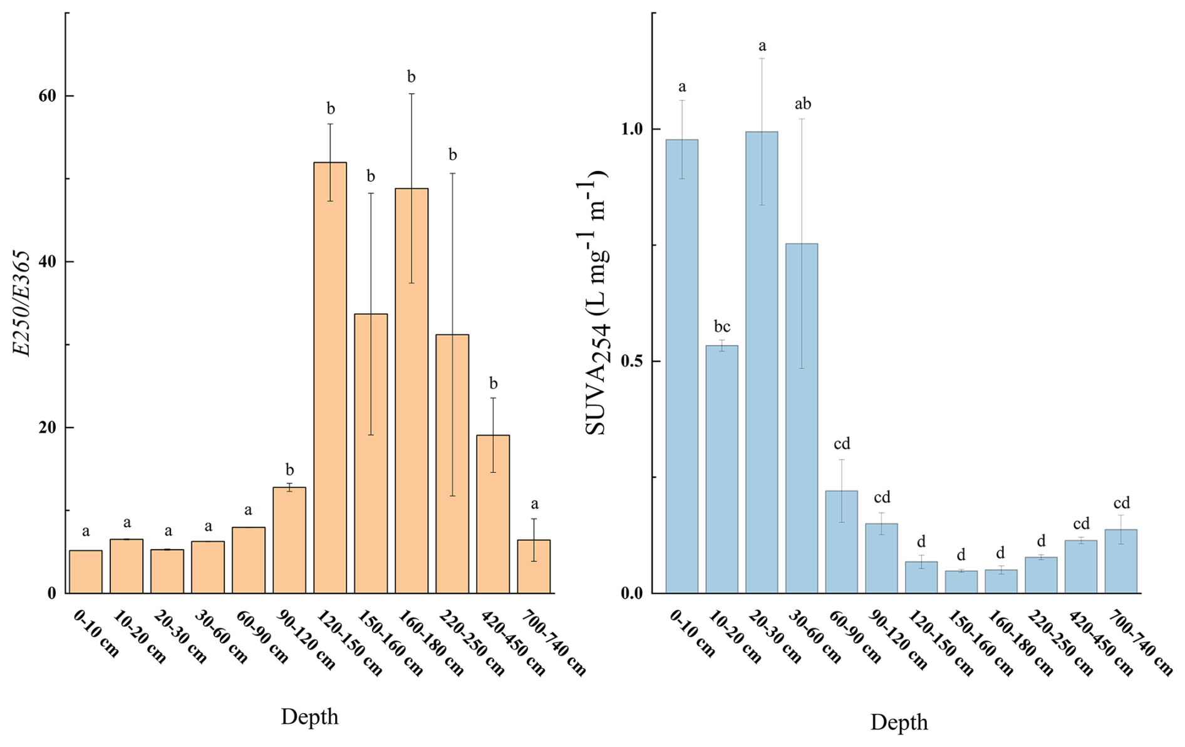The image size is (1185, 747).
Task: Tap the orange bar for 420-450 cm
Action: [x=493, y=514]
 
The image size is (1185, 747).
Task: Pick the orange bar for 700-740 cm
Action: [x=534, y=567]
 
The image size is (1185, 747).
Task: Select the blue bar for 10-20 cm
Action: [x=722, y=470]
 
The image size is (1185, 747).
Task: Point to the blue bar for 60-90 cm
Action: [x=842, y=542]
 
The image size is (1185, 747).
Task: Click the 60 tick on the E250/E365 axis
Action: [x=48, y=96]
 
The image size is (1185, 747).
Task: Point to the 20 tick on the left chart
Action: [x=48, y=428]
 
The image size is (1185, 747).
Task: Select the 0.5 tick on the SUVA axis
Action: [x=633, y=362]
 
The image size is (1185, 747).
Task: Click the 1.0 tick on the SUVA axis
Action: [x=633, y=129]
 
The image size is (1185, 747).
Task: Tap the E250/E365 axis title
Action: [x=23, y=303]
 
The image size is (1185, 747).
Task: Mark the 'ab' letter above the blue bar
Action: [x=802, y=104]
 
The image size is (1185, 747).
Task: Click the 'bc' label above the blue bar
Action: [x=722, y=327]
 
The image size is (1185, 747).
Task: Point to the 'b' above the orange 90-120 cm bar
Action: [x=289, y=470]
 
